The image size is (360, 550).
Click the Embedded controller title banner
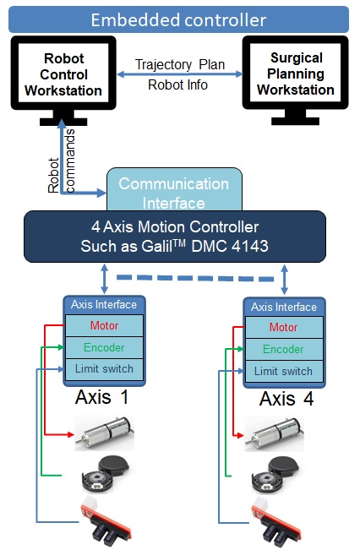pyautogui.click(x=178, y=19)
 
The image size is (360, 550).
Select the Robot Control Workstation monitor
pyautogui.click(x=63, y=80)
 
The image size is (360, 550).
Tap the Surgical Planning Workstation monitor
pyautogui.click(x=296, y=80)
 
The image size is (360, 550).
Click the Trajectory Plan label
pyautogui.click(x=180, y=64)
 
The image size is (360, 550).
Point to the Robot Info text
pyautogui.click(x=177, y=84)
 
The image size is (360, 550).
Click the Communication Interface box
pyautogui.click(x=174, y=189)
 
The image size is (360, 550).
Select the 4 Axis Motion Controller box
pyautogui.click(x=175, y=237)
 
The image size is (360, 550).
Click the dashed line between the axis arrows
pyautogui.click(x=195, y=278)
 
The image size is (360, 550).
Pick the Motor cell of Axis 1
pyautogui.click(x=104, y=325)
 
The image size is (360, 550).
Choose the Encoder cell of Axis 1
pyautogui.click(x=104, y=347)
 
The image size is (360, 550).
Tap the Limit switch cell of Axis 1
pyautogui.click(x=104, y=369)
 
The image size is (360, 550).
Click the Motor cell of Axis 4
pyautogui.click(x=284, y=328)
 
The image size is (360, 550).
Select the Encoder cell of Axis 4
pyautogui.click(x=284, y=350)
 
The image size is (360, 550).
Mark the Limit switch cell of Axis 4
pyautogui.click(x=284, y=371)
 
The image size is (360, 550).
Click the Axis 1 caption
pyautogui.click(x=101, y=397)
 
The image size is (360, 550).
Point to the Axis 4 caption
pyautogui.click(x=286, y=399)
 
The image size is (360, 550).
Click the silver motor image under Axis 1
pyautogui.click(x=104, y=433)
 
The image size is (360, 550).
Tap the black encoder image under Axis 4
pyautogui.click(x=275, y=475)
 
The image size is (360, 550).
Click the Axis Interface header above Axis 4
pyautogui.click(x=284, y=308)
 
